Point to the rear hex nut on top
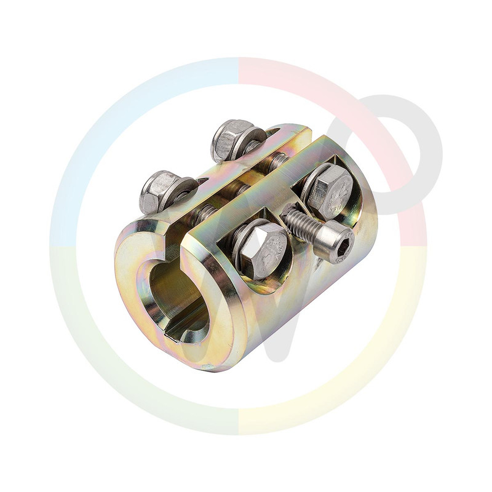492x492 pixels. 231,139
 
